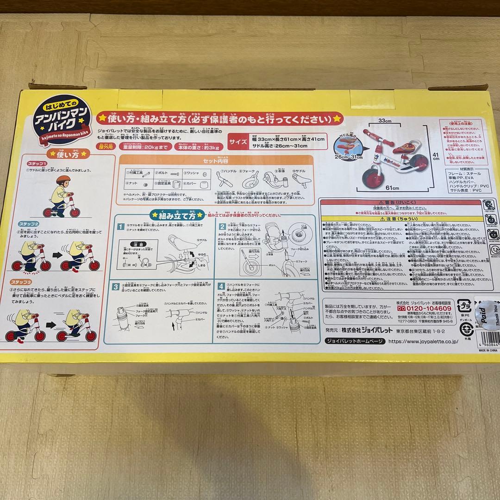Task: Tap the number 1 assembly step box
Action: [x=120, y=227]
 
